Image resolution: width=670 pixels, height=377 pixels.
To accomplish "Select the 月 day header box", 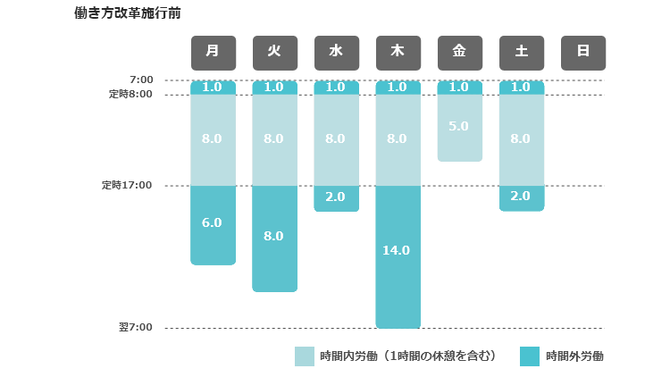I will (213, 52).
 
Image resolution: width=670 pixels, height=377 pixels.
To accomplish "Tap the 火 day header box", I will (274, 52).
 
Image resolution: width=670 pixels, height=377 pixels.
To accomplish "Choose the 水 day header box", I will (336, 52).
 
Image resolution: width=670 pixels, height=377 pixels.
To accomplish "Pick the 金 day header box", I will (459, 52).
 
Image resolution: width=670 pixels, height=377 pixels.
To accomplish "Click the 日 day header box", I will (583, 52).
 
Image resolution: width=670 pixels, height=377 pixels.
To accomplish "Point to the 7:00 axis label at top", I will (140, 80).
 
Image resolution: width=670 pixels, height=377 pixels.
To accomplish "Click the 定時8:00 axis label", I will (130, 94).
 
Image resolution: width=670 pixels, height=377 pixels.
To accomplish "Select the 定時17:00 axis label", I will (127, 186).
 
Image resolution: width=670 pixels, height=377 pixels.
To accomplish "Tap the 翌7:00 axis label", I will (136, 328).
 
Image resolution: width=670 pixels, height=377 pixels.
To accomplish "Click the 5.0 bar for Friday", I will (459, 128).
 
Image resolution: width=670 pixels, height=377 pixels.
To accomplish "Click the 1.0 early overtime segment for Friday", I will (459, 88).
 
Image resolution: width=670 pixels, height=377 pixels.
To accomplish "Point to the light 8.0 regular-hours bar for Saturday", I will (522, 139).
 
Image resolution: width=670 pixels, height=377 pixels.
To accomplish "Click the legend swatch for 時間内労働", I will (305, 356).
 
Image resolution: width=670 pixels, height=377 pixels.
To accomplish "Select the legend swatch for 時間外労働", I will (530, 356).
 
